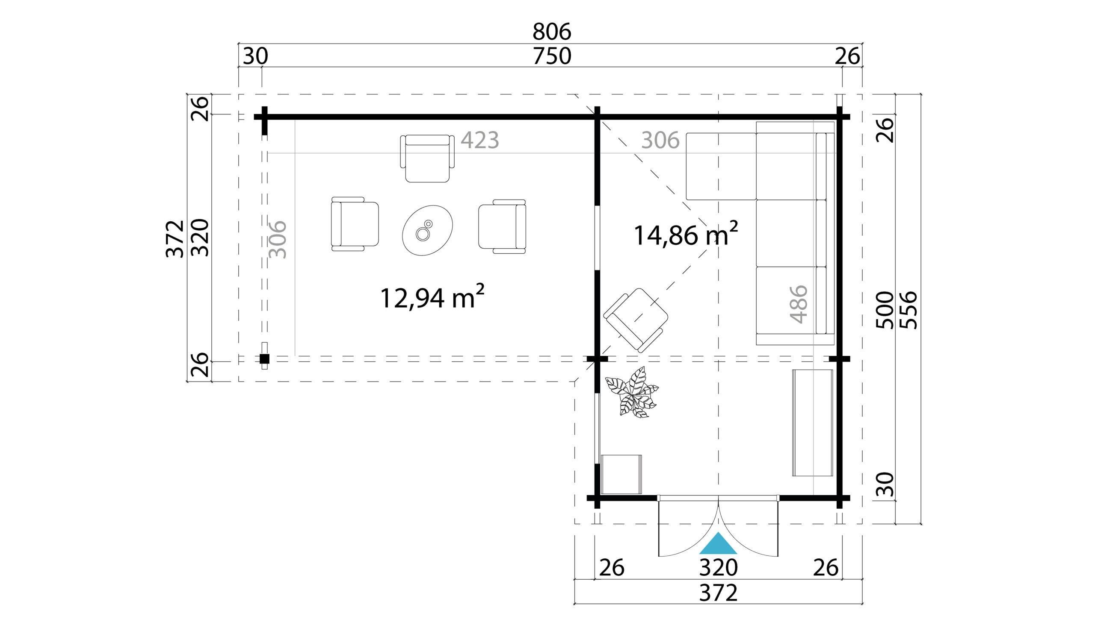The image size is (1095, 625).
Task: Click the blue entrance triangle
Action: (718, 544)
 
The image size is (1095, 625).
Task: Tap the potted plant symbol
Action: (632, 392)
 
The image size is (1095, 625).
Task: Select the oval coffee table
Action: (427, 231)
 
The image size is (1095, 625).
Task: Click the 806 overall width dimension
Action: (552, 31)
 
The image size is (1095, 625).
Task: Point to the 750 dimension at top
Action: (552, 56)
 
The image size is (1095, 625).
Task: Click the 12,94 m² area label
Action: (432, 297)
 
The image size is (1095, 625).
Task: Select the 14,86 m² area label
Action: (686, 235)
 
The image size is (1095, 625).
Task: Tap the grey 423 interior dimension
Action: (479, 140)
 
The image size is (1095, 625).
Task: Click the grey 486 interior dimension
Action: (799, 304)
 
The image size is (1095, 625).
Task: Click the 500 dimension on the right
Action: (885, 310)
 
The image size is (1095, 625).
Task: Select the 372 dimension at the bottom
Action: (718, 593)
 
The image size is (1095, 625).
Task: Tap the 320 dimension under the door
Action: (718, 568)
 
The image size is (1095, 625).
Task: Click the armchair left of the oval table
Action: (355, 224)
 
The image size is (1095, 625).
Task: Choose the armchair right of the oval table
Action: (503, 226)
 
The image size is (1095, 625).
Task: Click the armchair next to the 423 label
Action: (428, 158)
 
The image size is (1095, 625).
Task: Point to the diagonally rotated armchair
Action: (636, 320)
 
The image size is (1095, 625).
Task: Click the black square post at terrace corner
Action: (265, 359)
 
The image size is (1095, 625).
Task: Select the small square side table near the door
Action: (621, 474)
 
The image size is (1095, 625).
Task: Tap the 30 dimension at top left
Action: (255, 56)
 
